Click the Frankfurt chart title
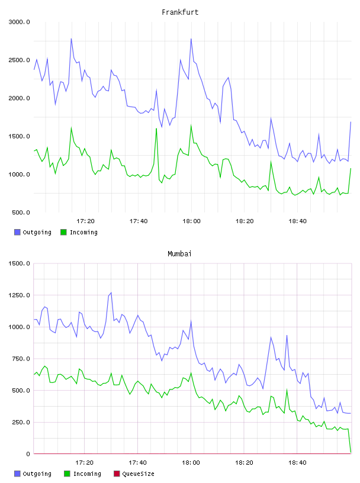coord(180,12)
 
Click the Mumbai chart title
coord(179,254)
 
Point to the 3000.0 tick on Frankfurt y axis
coord(19,22)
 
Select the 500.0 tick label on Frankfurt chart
coord(21,212)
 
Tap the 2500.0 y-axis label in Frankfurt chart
coord(19,60)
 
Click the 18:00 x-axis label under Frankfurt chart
coord(191,221)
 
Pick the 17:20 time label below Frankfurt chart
coord(85,221)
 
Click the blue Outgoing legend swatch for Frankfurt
coord(17,232)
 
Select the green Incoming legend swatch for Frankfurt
coord(63,232)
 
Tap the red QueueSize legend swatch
coord(117,474)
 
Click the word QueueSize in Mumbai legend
coord(138,474)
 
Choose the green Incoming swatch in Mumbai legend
coord(67,474)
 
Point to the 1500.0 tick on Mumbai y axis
coord(19,263)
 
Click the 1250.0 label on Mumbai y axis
coord(19,295)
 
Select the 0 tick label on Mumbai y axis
coord(28,454)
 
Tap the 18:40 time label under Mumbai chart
coord(297,463)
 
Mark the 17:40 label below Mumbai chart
coord(137,463)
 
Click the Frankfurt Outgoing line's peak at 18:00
coord(191,39)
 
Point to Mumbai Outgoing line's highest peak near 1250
coord(111,292)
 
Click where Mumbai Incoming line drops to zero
coord(351,452)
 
